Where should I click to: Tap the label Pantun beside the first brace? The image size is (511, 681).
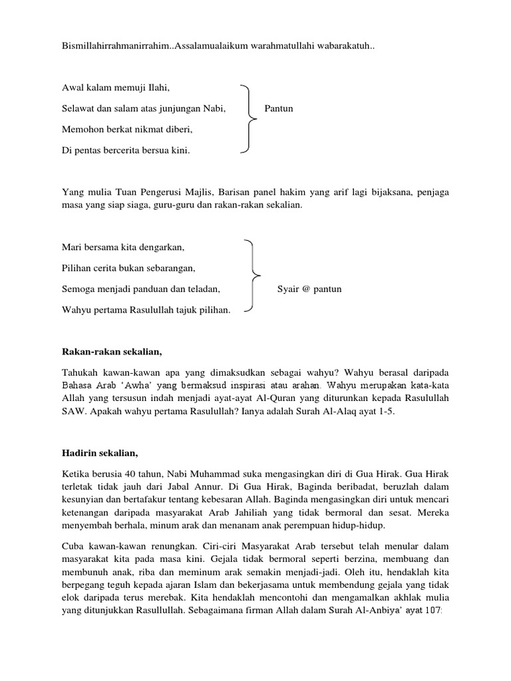coord(279,108)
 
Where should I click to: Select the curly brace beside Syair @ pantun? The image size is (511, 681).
coord(252,275)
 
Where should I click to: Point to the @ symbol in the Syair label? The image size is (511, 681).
coord(305,290)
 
